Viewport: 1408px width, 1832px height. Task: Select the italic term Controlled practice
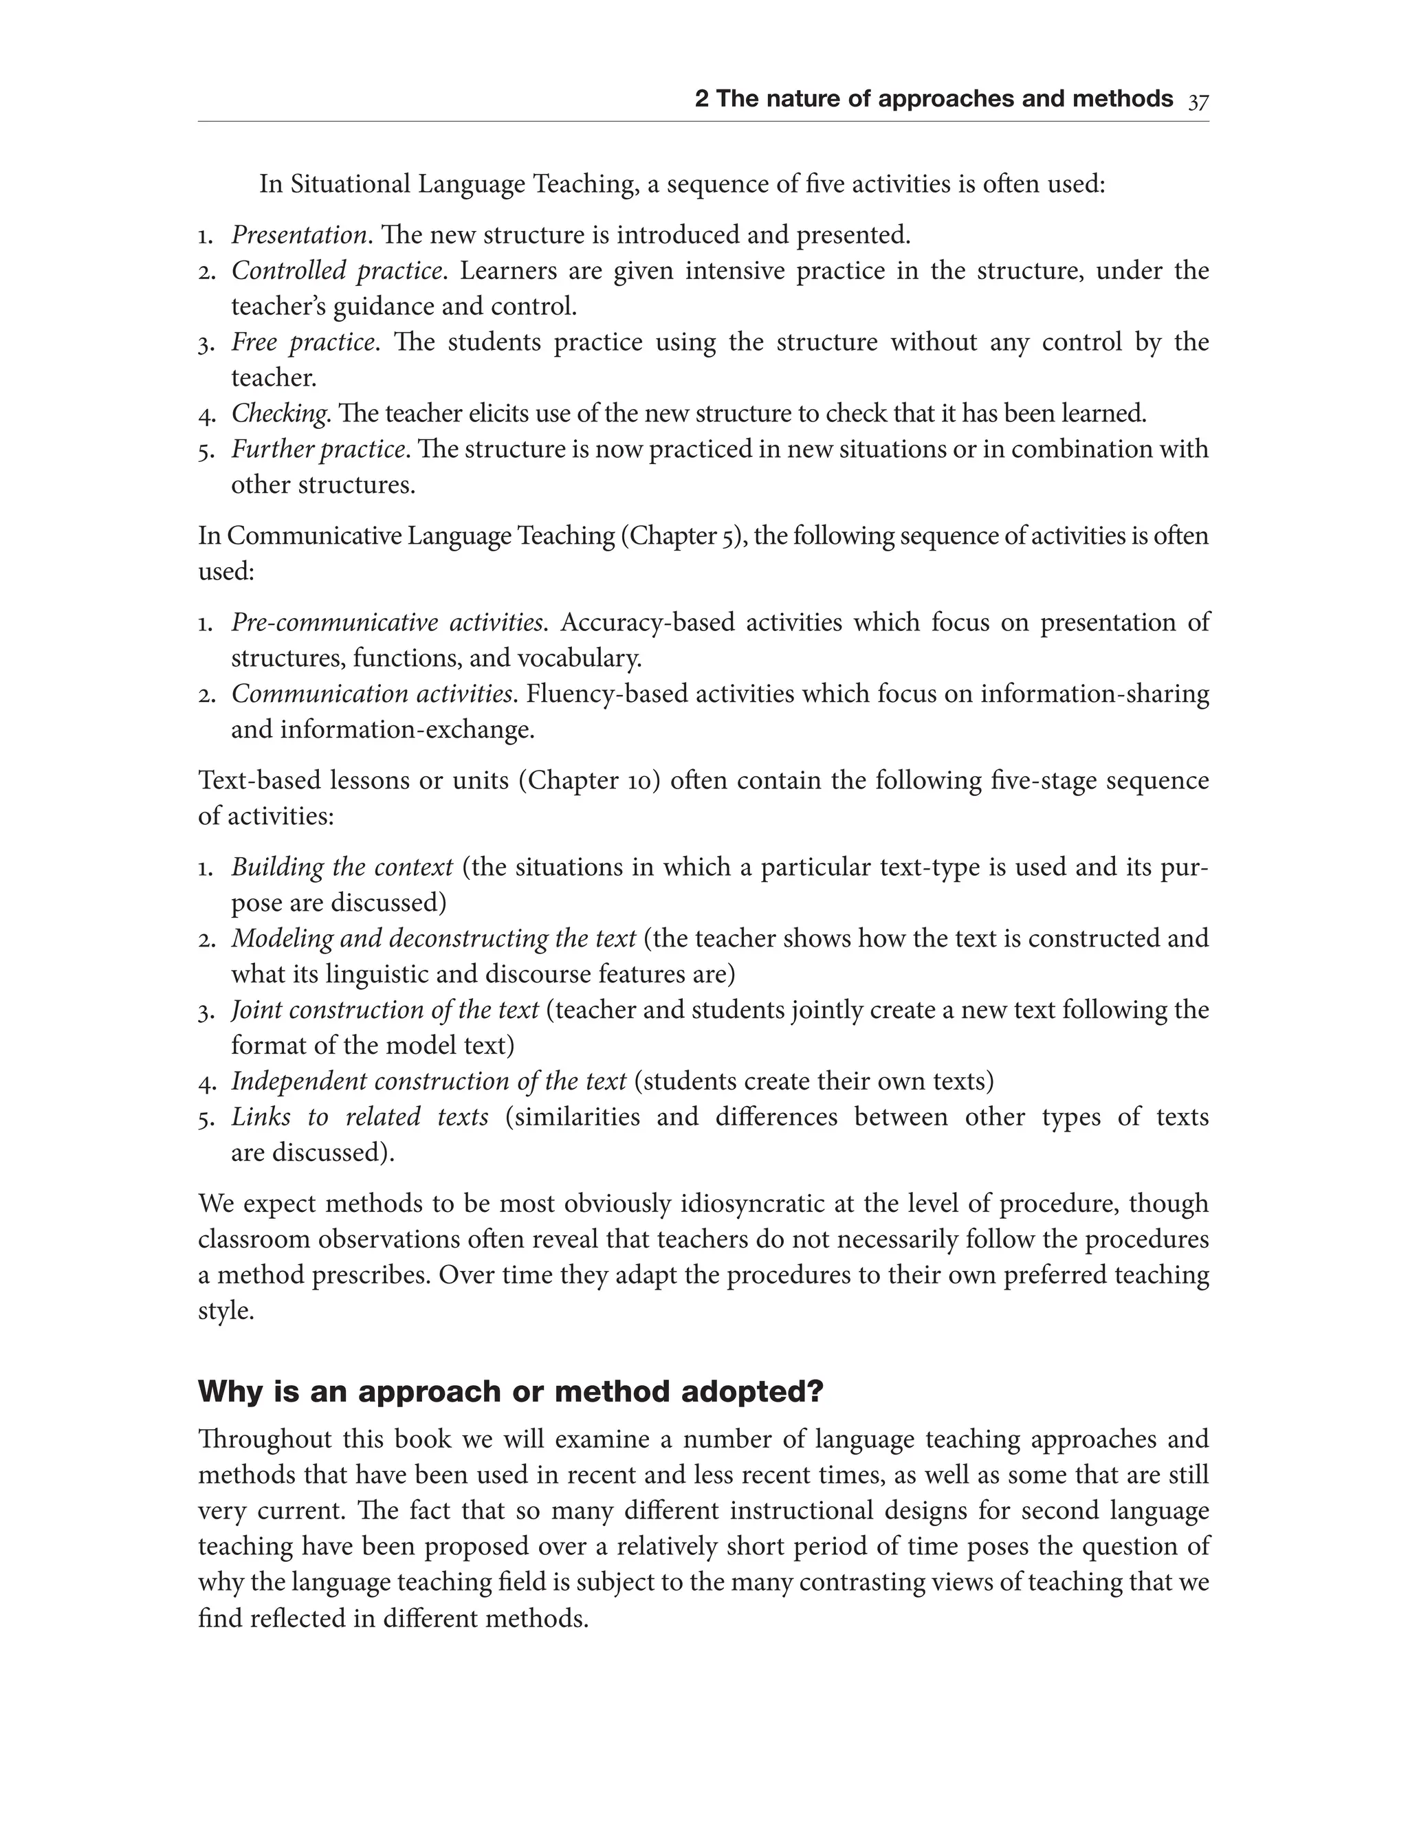coord(336,271)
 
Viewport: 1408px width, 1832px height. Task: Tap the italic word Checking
coord(278,413)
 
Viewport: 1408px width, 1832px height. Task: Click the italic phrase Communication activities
coord(371,694)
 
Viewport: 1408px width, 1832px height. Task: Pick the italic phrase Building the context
coord(342,867)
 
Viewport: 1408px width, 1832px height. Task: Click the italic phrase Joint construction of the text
coord(385,1010)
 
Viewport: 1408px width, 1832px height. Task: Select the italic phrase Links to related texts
coord(360,1117)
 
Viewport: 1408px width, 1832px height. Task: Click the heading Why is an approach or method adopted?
coord(510,1392)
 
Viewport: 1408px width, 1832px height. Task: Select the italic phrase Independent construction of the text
coord(428,1081)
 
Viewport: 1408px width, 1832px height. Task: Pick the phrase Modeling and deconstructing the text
coord(433,938)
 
